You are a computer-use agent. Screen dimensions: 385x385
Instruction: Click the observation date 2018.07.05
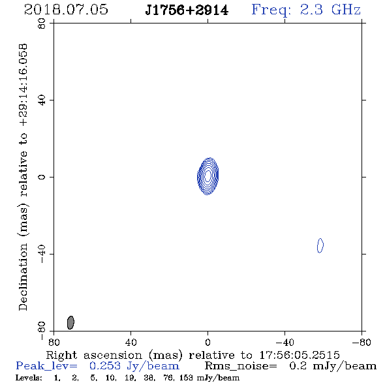[66, 9]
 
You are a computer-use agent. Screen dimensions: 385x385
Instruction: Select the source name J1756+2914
[187, 10]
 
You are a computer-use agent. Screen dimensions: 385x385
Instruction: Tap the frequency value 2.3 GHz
[330, 10]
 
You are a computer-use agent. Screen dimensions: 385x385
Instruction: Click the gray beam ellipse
[70, 322]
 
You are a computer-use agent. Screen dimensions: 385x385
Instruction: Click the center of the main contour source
[208, 176]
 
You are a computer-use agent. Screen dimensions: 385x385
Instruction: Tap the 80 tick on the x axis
[54, 343]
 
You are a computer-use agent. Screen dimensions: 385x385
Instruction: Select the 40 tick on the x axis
[131, 343]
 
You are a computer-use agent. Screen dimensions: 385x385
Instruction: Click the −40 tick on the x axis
[285, 343]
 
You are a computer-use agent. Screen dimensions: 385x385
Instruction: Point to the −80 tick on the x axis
[362, 343]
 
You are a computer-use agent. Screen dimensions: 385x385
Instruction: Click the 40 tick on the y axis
[42, 100]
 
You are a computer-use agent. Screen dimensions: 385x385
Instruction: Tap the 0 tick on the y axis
[42, 177]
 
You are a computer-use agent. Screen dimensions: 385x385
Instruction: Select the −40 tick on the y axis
[42, 254]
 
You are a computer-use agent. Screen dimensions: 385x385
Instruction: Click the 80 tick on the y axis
[42, 23]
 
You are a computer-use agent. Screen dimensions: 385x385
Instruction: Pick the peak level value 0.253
[105, 365]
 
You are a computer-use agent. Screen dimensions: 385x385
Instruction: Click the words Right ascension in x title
[94, 355]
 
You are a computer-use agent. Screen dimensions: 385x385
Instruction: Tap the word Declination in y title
[23, 277]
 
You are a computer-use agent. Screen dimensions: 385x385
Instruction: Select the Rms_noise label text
[241, 366]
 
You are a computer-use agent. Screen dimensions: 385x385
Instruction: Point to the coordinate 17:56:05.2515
[300, 355]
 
